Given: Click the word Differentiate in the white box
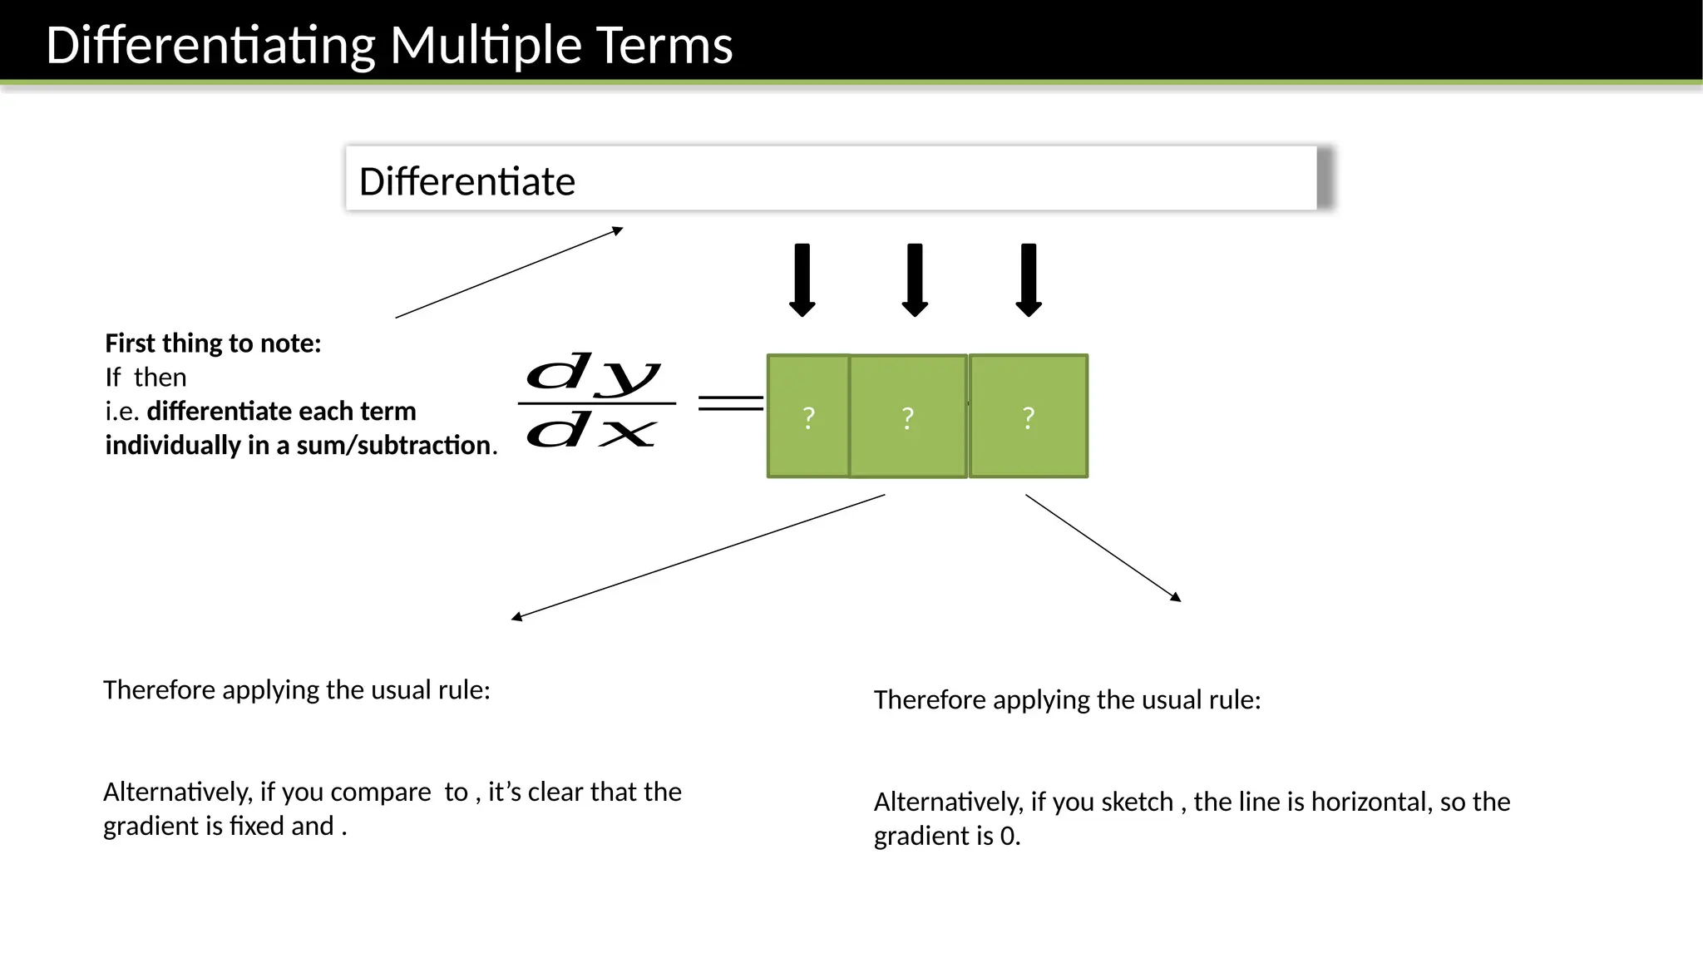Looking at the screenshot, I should tap(466, 181).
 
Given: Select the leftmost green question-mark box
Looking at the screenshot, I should tap(807, 416).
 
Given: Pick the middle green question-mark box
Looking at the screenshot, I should tap(908, 416).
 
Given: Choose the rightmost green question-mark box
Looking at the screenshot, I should tap(1029, 416).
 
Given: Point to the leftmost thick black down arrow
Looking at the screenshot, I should tap(802, 280).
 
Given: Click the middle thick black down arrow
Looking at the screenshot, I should tap(915, 280).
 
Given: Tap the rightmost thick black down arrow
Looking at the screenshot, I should tap(1029, 280).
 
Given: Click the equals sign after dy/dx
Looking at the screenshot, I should tap(730, 403).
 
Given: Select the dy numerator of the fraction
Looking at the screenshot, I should tap(594, 373).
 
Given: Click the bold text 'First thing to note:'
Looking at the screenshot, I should tap(213, 343).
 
